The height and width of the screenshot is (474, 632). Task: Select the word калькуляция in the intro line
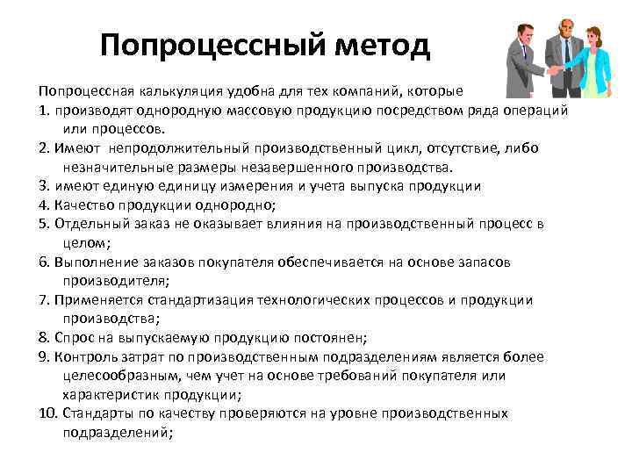pos(169,90)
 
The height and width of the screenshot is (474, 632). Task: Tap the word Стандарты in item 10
pos(90,413)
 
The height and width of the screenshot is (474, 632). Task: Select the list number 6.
pos(44,262)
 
